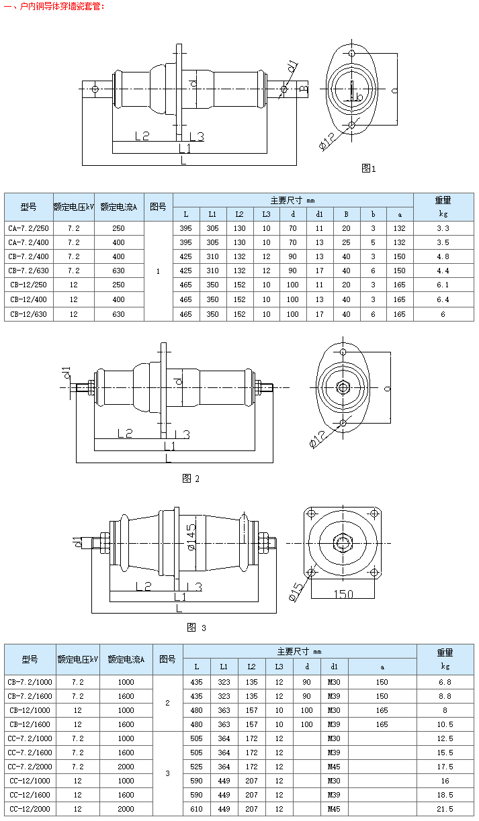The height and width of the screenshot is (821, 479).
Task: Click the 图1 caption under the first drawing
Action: (369, 168)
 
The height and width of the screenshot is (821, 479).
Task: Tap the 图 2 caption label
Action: (191, 479)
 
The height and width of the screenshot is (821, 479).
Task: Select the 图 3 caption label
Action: (196, 628)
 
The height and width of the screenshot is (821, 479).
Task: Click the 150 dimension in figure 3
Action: (343, 593)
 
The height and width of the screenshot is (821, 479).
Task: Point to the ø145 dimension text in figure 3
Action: (190, 537)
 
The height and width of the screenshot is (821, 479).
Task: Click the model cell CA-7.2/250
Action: (29, 228)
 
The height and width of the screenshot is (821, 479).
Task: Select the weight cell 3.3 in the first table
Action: (443, 228)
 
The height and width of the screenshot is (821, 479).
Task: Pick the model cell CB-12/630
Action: (29, 314)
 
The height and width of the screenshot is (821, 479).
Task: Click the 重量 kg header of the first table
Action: (443, 207)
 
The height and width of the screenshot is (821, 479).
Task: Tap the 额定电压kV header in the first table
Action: (74, 207)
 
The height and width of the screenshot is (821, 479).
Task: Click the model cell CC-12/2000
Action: (30, 809)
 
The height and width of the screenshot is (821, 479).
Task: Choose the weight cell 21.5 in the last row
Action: (445, 809)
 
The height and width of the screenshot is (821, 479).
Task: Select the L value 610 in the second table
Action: (196, 809)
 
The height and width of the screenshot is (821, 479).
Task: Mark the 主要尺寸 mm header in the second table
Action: (300, 651)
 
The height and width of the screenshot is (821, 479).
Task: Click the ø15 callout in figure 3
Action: (296, 590)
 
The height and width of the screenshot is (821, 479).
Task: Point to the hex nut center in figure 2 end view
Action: (343, 387)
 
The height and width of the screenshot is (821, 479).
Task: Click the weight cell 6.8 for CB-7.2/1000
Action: (445, 682)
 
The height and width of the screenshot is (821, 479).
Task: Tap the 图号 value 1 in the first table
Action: (158, 271)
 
